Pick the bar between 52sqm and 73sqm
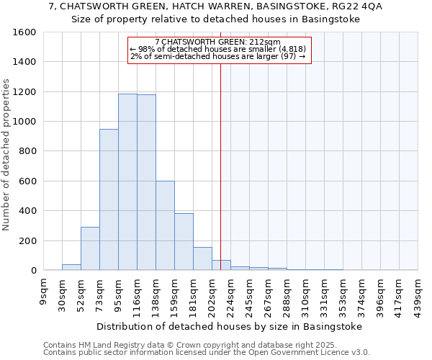(90, 248)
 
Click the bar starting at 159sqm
(184, 241)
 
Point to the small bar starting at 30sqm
(71, 267)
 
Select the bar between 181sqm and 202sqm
(202, 258)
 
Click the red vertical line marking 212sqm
(220, 166)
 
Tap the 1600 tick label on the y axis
(24, 32)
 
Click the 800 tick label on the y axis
(27, 151)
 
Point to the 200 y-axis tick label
(27, 240)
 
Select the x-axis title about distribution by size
(229, 326)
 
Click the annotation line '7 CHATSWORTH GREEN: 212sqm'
(219, 42)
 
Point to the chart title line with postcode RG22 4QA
(216, 6)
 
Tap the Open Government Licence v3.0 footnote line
(207, 353)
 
